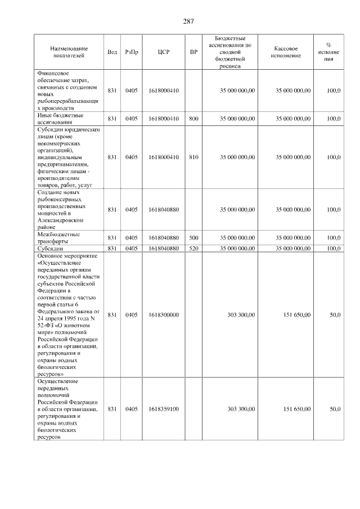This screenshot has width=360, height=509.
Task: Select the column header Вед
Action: tap(112, 52)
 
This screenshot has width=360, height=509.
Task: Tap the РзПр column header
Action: tap(132, 52)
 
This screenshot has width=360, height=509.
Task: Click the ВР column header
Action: tap(193, 52)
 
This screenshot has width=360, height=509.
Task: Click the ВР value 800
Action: tap(193, 119)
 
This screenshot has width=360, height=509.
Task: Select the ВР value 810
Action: tap(193, 157)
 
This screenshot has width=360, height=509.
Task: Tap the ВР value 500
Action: tap(193, 237)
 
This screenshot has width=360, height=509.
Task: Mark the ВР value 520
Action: tap(193, 247)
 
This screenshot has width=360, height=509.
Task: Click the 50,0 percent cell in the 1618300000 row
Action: tap(335, 315)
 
